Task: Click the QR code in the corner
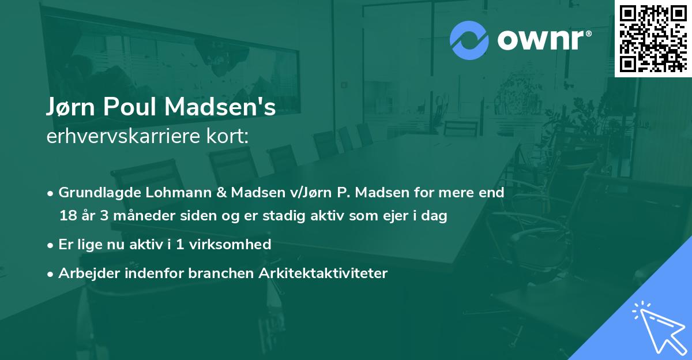[x=652, y=38]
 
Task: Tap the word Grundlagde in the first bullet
[x=94, y=193]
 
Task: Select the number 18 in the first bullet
[x=67, y=216]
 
